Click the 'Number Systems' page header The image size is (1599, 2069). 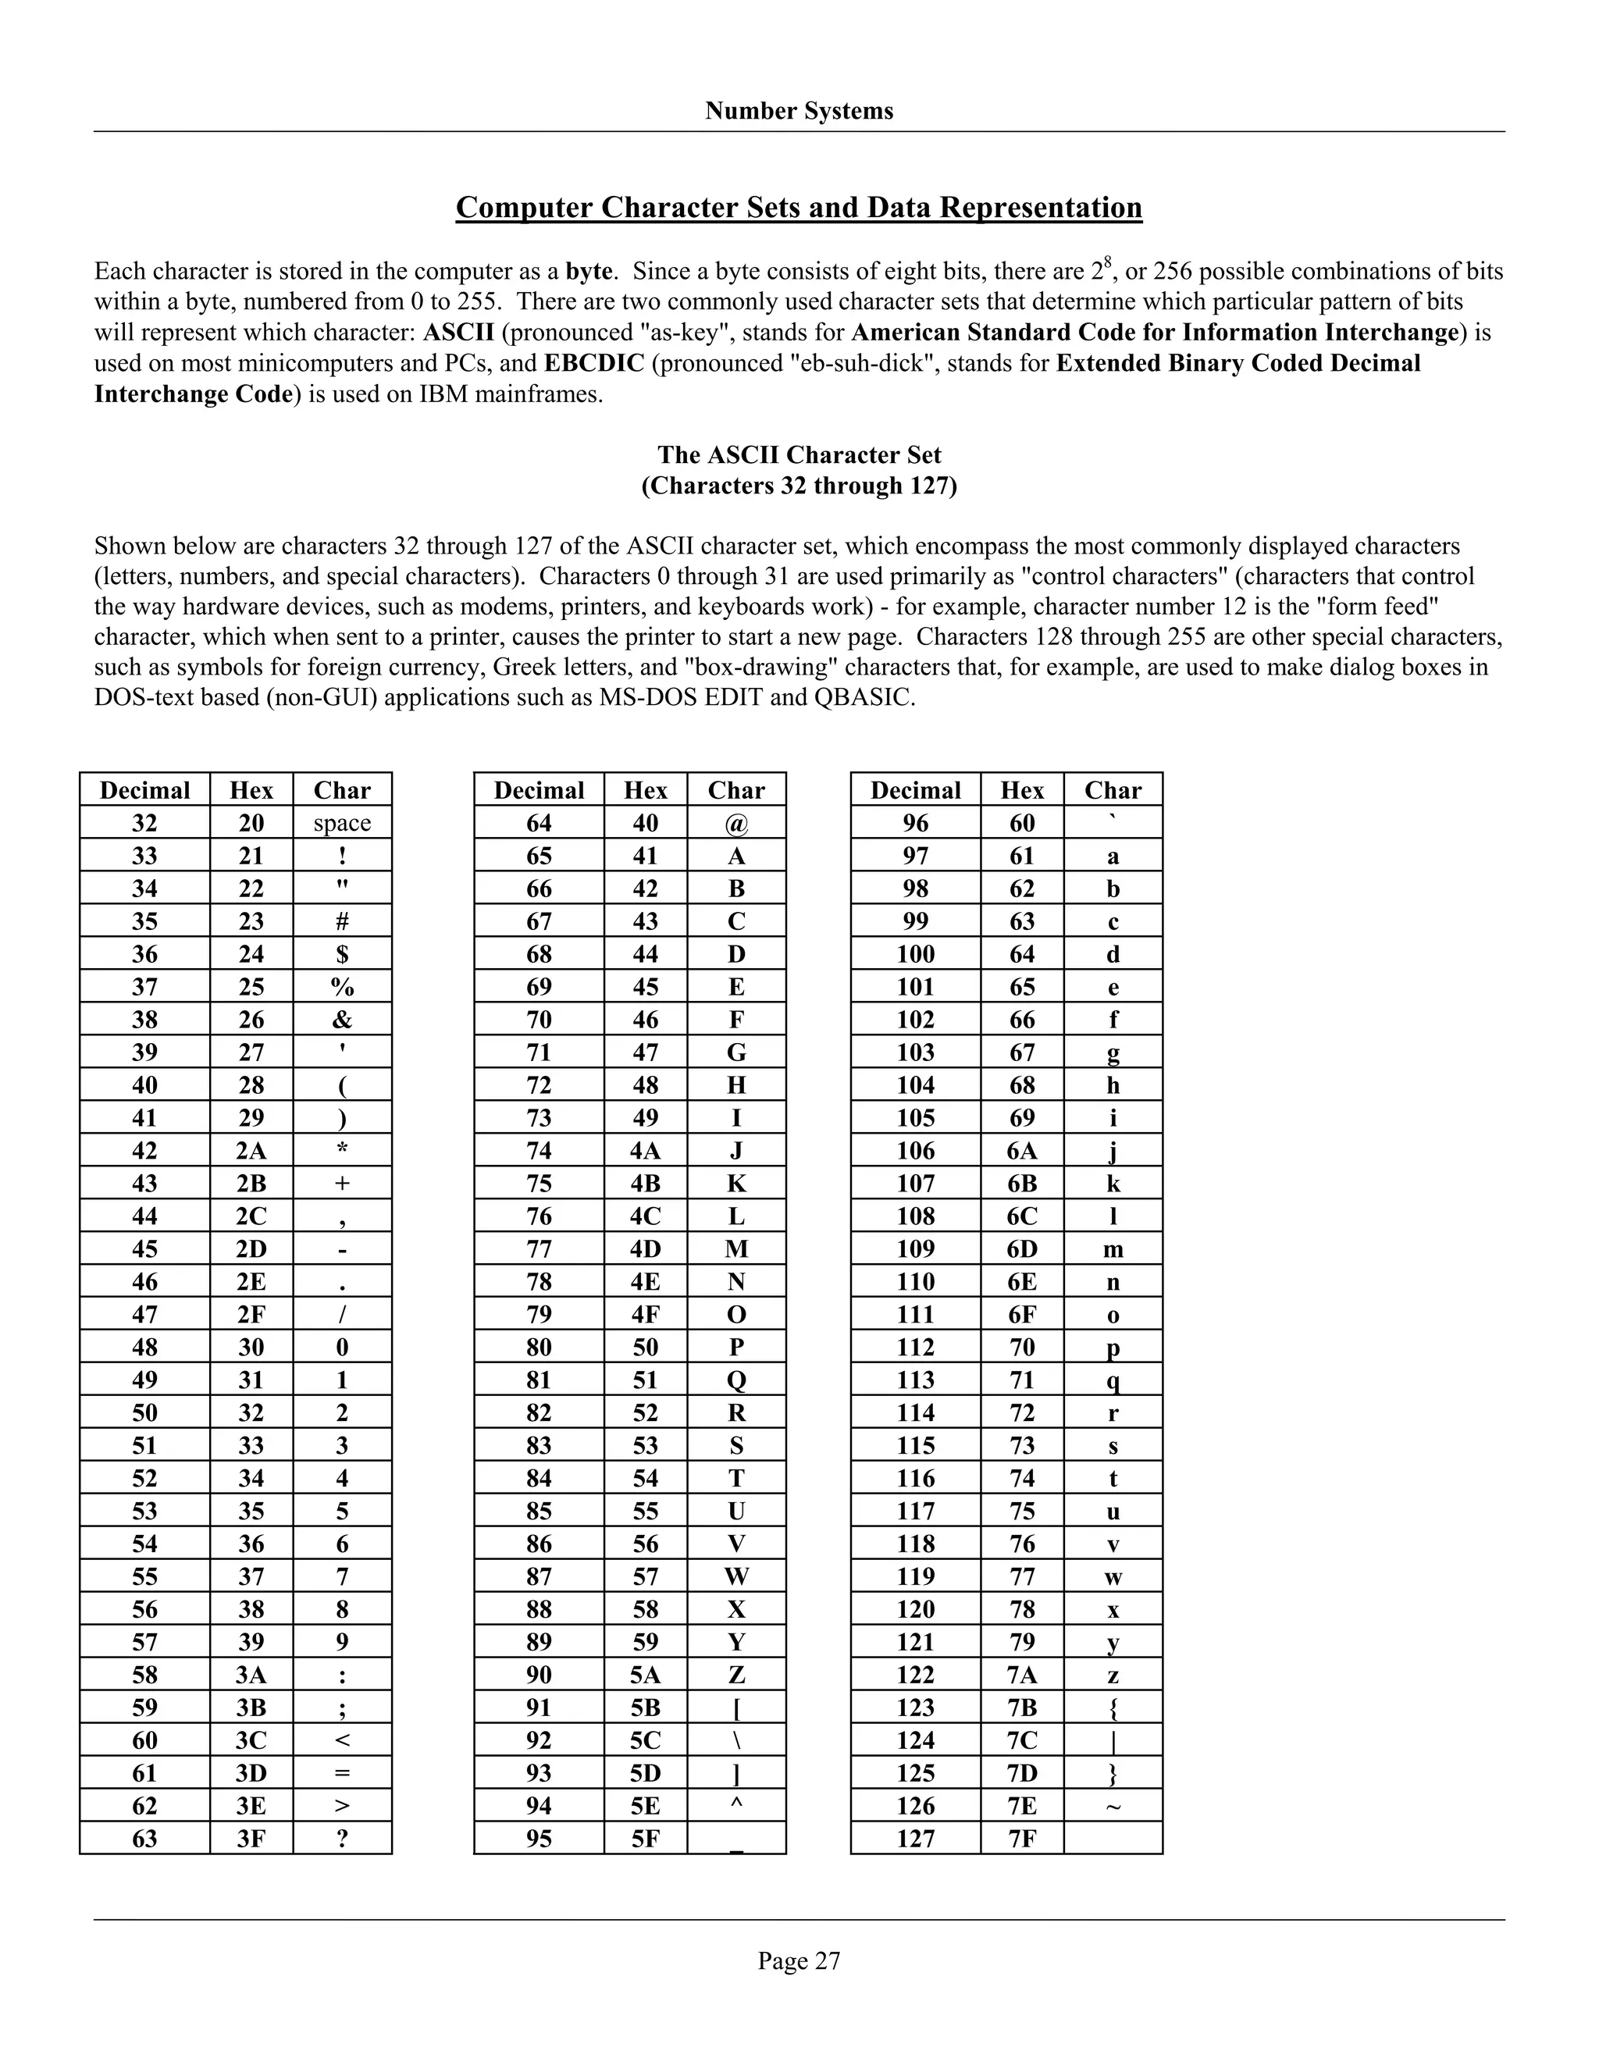(799, 111)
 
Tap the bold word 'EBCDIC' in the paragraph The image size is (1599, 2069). (594, 364)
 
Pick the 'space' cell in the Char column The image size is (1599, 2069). (342, 822)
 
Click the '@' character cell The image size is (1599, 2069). (736, 823)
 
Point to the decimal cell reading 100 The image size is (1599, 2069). (915, 954)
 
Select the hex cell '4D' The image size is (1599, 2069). (645, 1249)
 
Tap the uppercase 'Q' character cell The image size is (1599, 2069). (736, 1380)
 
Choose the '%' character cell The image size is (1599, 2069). (342, 987)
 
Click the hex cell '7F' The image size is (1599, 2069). (1021, 1839)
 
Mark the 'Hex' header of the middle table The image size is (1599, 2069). (645, 790)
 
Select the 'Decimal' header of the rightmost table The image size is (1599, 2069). (915, 790)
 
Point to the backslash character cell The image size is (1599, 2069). (736, 1741)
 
